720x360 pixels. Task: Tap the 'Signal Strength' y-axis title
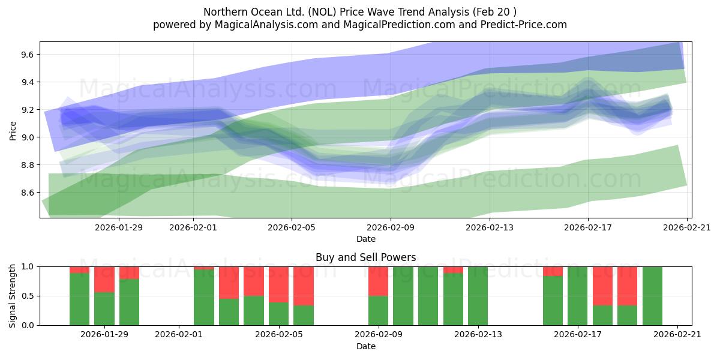click(x=13, y=296)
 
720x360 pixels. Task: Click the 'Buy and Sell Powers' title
click(x=365, y=257)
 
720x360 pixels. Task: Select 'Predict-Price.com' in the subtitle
click(x=526, y=25)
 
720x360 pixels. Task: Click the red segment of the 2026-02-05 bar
click(x=279, y=284)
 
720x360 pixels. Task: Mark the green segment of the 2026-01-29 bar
click(x=104, y=308)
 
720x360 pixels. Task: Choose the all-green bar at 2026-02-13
click(x=478, y=296)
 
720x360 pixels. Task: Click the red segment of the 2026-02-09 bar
click(x=378, y=281)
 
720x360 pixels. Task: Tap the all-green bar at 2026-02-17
click(x=577, y=296)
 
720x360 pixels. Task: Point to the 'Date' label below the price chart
click(x=365, y=239)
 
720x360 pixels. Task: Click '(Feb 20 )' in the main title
click(x=494, y=12)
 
